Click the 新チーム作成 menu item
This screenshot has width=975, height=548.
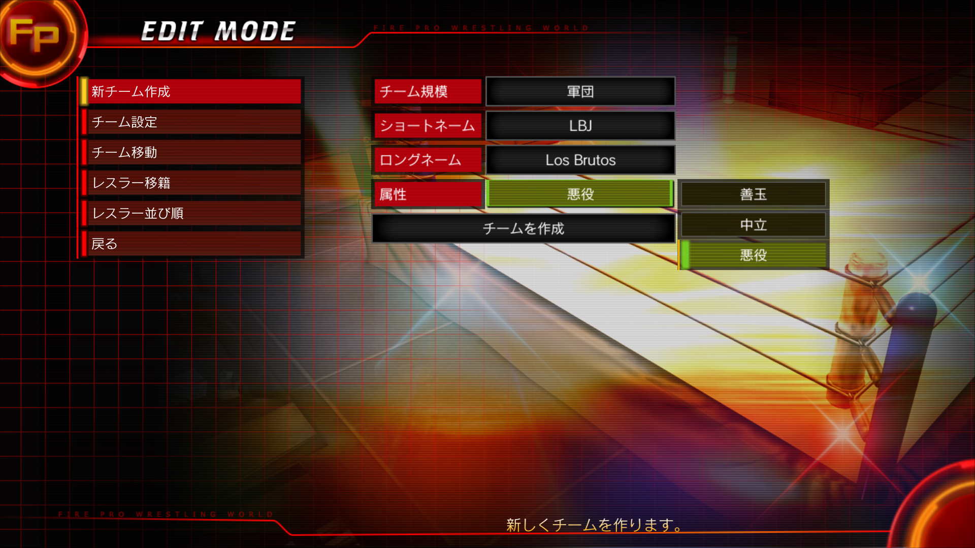(191, 91)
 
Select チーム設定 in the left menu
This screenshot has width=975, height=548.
(191, 122)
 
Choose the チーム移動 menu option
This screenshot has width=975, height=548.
(191, 152)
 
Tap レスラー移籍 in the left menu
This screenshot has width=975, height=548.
(191, 183)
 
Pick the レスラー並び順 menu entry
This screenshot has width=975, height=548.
(191, 213)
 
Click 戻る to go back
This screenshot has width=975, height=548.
(191, 244)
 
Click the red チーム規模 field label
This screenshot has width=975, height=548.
(428, 91)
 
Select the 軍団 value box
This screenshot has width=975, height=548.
(580, 91)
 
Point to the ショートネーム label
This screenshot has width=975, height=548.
(428, 125)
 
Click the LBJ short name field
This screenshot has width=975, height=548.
(580, 125)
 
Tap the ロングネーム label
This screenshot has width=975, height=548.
(428, 160)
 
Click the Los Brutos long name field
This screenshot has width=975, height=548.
(580, 160)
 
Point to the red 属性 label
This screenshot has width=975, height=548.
(428, 194)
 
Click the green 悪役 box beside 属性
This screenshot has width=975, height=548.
(580, 194)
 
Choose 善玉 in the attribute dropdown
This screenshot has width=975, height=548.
(753, 194)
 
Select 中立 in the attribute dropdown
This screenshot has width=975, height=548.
(753, 224)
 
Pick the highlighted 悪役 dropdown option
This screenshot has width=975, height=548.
(753, 255)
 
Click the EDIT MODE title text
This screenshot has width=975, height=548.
(218, 31)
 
